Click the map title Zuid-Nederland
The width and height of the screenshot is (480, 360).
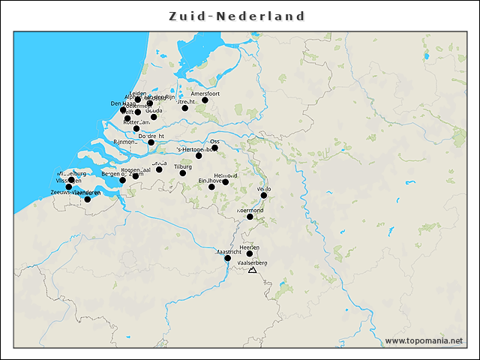point(236,16)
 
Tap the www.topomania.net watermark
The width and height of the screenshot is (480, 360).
point(424,341)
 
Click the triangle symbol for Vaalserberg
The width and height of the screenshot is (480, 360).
point(252,270)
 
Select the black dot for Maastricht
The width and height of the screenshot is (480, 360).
point(228,258)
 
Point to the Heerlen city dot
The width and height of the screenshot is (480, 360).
point(250,253)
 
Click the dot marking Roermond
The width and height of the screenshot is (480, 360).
point(250,217)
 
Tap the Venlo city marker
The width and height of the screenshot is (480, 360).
point(264,195)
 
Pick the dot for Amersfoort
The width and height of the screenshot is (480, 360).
point(205,100)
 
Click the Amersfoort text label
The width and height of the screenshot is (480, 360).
point(205,93)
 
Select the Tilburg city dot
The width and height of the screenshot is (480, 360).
point(182,173)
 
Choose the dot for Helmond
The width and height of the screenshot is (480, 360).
point(225,181)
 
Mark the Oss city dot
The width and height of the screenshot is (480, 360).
point(214,148)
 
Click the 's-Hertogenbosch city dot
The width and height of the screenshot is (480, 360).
point(199,155)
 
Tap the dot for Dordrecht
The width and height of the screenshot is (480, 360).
point(151,142)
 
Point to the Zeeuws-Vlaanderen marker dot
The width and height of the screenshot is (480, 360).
point(87,199)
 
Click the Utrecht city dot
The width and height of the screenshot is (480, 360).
point(184,108)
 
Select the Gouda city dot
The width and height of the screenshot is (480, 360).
point(154,116)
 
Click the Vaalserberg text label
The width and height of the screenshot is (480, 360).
point(252,263)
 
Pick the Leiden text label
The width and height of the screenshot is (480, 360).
point(138,94)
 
